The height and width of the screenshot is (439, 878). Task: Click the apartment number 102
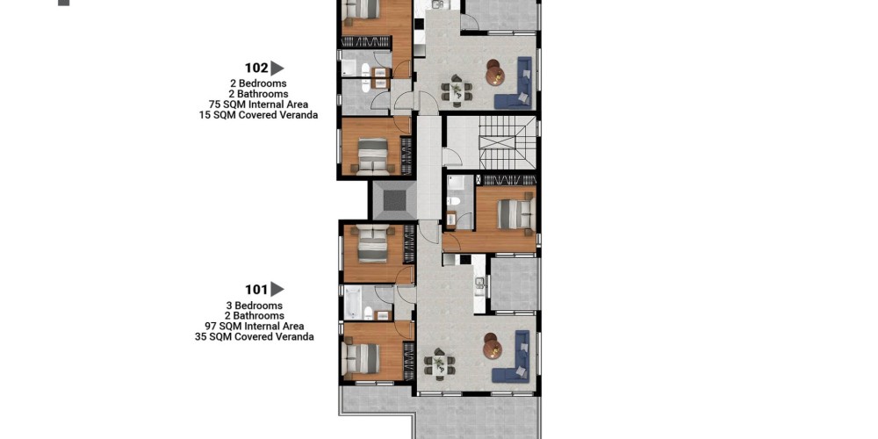click(256, 68)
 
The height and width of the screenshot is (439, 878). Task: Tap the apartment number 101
click(256, 290)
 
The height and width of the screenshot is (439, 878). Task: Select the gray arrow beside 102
click(277, 68)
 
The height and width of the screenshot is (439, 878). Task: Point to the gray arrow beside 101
click(277, 290)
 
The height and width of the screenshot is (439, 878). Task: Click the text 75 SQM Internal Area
click(258, 104)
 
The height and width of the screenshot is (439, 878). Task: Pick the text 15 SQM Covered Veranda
click(258, 115)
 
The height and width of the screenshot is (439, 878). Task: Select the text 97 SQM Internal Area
click(255, 327)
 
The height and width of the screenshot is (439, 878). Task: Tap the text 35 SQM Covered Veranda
click(255, 337)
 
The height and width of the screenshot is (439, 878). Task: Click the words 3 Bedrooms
click(255, 306)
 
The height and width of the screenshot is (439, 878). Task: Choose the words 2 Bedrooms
click(258, 84)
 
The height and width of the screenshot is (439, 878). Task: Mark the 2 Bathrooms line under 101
click(255, 316)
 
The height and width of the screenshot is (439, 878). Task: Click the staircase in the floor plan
click(500, 142)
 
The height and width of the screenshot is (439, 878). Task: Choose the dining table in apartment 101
click(440, 364)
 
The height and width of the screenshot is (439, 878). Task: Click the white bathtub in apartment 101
click(353, 303)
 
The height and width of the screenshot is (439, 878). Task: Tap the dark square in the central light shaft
click(395, 200)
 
